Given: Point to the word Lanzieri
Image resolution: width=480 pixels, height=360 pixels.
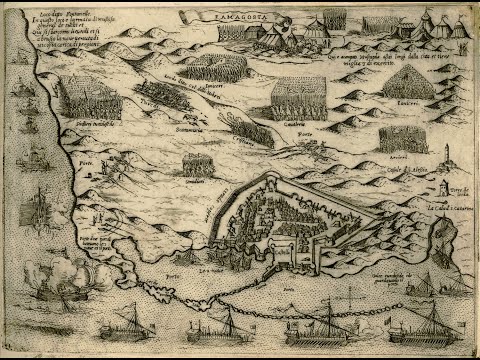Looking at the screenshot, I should coord(408,103).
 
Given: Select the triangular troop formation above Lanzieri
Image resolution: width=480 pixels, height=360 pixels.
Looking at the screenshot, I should coord(406,84).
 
